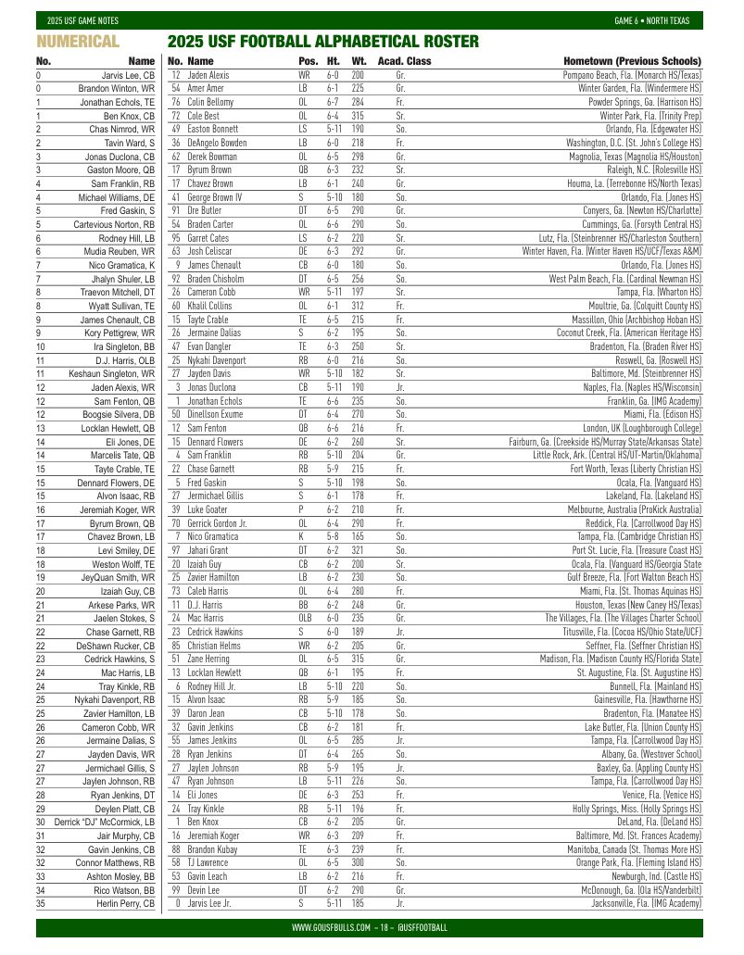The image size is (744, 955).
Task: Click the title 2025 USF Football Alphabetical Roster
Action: tap(322, 42)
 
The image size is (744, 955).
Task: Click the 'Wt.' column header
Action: tap(359, 61)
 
